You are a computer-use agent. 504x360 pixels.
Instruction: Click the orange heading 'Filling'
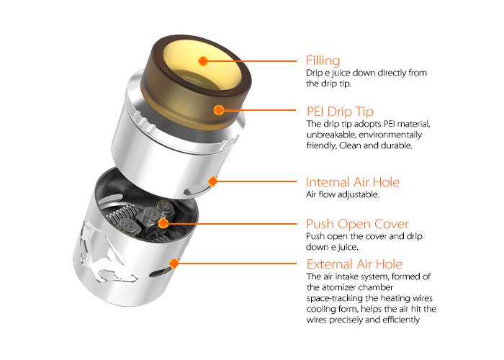323,60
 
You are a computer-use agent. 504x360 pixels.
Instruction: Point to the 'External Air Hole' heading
354,264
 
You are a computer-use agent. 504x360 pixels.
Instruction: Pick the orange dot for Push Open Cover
164,224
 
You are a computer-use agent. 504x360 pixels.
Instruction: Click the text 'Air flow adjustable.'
342,194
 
